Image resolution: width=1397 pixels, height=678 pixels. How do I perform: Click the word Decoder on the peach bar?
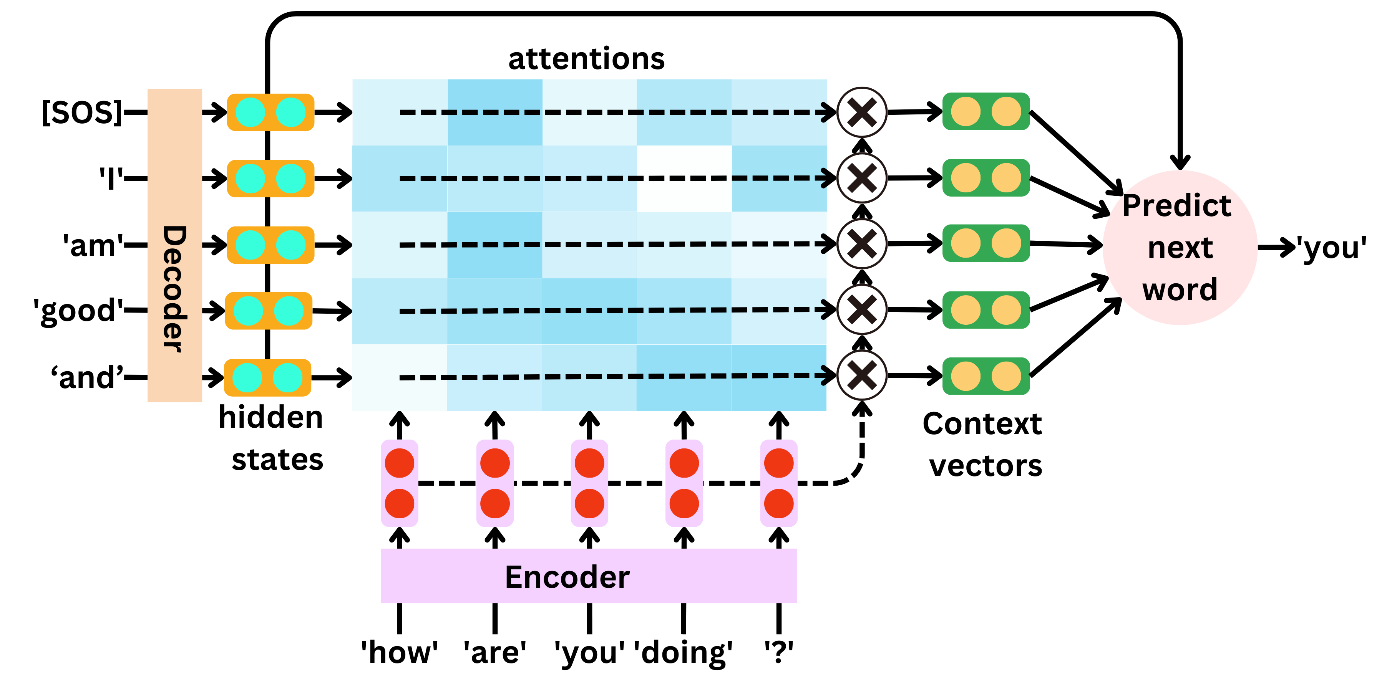pyautogui.click(x=174, y=288)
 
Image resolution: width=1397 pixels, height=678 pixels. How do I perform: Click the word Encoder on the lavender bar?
pyautogui.click(x=567, y=577)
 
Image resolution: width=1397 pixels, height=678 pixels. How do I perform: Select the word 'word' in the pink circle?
pyautogui.click(x=1180, y=289)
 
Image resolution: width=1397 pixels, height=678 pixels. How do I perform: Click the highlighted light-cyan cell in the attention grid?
pyautogui.click(x=684, y=178)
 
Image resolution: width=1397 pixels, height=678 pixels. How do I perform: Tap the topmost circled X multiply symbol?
pyautogui.click(x=862, y=112)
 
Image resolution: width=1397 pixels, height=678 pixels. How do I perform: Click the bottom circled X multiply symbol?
pyautogui.click(x=862, y=375)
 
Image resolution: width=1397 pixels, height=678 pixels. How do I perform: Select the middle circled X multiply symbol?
pyautogui.click(x=862, y=244)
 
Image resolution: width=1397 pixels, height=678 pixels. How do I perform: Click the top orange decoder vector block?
pyautogui.click(x=270, y=112)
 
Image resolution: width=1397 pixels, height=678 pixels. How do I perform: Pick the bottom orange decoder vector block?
pyautogui.click(x=267, y=377)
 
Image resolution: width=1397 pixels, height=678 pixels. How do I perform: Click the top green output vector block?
pyautogui.click(x=986, y=112)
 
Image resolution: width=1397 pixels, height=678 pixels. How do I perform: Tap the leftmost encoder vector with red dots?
pyautogui.click(x=400, y=483)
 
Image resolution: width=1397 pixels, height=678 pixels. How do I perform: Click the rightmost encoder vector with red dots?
pyautogui.click(x=779, y=483)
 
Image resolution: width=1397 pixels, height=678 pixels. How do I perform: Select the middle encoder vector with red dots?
pyautogui.click(x=589, y=483)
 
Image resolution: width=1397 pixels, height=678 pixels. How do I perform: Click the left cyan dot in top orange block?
pyautogui.click(x=250, y=112)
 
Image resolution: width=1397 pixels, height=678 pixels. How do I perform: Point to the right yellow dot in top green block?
pyautogui.click(x=1006, y=112)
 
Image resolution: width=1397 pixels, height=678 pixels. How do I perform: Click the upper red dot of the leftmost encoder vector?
pyautogui.click(x=400, y=463)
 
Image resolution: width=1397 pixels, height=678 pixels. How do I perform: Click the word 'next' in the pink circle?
pyautogui.click(x=1180, y=248)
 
